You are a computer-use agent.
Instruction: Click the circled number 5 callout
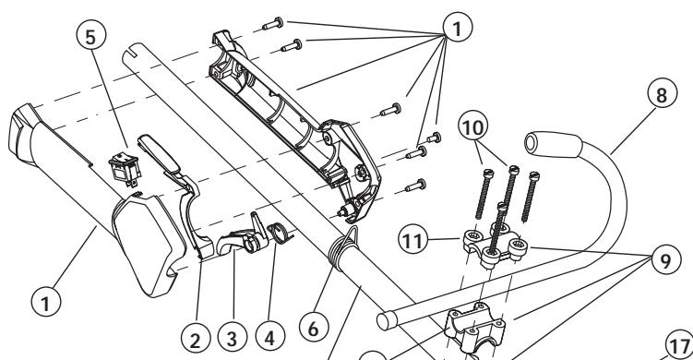point(90,36)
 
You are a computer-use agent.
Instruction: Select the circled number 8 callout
point(662,94)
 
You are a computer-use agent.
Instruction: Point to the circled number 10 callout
point(473,126)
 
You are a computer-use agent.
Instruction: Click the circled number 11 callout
point(412,241)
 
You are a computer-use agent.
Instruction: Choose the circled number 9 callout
point(665,260)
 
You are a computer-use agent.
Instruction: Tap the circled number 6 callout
point(314,329)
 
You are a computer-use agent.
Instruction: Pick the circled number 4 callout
point(269,337)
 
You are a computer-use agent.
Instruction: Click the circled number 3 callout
point(233,338)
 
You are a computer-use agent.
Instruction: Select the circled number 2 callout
point(196,340)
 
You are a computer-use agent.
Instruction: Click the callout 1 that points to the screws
point(458,28)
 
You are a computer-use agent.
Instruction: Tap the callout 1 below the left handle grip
point(46,302)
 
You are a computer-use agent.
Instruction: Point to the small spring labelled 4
point(280,233)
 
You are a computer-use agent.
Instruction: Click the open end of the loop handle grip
point(531,143)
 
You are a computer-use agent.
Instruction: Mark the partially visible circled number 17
point(681,345)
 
